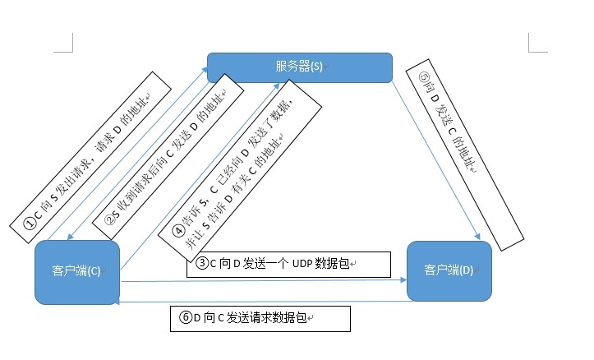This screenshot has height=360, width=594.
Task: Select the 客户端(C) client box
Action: (x=77, y=272)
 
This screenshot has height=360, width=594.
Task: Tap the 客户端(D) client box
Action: (x=449, y=270)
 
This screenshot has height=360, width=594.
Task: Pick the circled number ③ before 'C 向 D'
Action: (x=203, y=264)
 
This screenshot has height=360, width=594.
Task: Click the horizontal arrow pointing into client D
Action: (x=263, y=282)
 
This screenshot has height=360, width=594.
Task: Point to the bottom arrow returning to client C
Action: (x=263, y=302)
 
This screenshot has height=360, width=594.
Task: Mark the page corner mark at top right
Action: (x=535, y=39)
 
